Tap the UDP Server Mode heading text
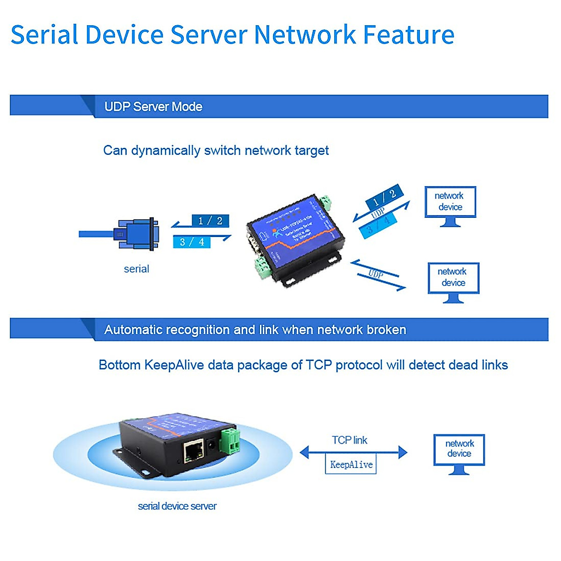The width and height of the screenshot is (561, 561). click(x=153, y=107)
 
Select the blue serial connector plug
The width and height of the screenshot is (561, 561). click(x=137, y=233)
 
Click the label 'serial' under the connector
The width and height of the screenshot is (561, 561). click(x=137, y=269)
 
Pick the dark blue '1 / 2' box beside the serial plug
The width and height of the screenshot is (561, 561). click(x=210, y=221)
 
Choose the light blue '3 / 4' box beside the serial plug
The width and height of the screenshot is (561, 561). click(x=192, y=242)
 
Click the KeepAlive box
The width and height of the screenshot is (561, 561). click(x=351, y=465)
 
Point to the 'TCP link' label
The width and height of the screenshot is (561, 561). click(x=350, y=440)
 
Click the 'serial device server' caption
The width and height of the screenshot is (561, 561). click(x=177, y=506)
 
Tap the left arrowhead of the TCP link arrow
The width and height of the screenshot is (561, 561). click(x=305, y=452)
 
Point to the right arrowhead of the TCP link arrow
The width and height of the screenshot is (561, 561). click(x=403, y=452)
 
